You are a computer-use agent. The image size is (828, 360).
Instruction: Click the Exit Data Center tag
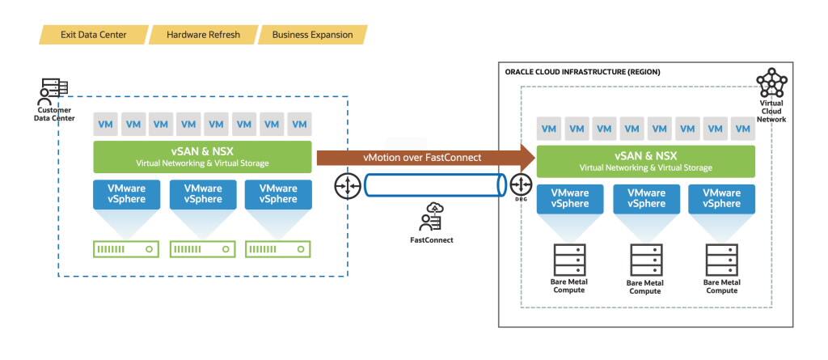(93, 35)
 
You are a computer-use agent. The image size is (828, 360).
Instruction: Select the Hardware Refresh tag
(203, 35)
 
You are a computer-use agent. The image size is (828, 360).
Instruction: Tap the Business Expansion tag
(312, 35)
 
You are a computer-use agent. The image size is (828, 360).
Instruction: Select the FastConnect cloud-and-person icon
(430, 218)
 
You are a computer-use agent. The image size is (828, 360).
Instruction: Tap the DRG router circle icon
(521, 185)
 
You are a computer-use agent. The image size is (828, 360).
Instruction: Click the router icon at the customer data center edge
(347, 185)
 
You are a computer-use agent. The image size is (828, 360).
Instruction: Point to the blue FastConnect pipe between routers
(433, 185)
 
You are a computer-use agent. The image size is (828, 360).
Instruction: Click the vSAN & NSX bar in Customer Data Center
(202, 157)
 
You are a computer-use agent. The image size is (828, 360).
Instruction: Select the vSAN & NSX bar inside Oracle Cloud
(646, 161)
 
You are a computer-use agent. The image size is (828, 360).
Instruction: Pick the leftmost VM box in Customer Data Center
(105, 125)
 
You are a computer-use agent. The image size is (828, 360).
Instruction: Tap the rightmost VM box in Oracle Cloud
(741, 129)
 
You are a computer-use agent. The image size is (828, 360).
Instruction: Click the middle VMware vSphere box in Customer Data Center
(203, 194)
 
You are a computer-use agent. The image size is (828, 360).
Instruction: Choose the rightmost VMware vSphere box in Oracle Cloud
(721, 199)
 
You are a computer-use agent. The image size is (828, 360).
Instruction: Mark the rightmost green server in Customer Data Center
(278, 250)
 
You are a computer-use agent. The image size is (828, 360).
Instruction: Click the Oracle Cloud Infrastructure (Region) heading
(582, 72)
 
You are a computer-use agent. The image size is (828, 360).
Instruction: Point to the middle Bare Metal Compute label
(644, 287)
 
